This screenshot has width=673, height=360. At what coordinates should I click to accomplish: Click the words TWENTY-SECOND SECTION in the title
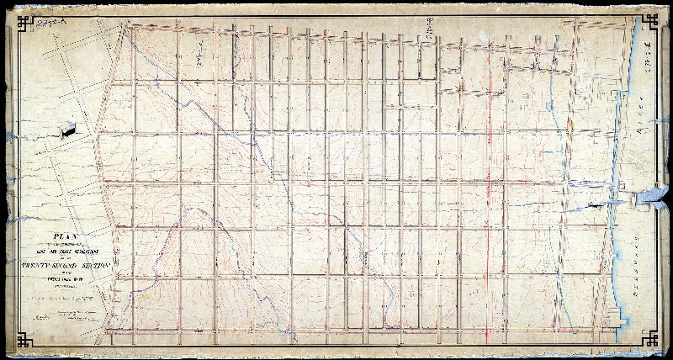point(57,264)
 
